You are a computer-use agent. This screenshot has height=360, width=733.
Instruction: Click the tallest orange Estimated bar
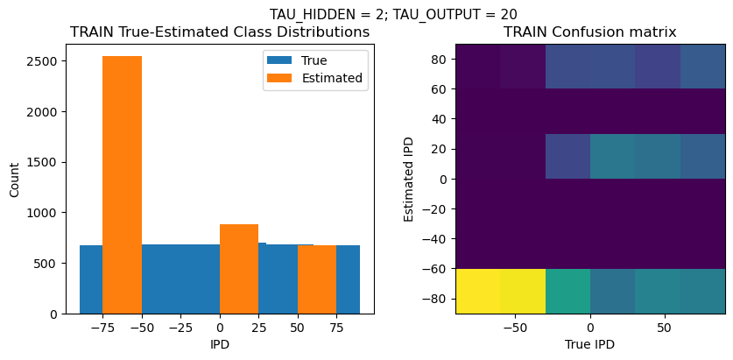click(x=122, y=184)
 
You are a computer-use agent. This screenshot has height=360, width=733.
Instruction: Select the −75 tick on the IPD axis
click(x=102, y=328)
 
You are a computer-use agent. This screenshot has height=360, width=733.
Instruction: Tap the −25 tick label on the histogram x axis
click(x=180, y=328)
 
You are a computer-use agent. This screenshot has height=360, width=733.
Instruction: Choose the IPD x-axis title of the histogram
click(x=220, y=344)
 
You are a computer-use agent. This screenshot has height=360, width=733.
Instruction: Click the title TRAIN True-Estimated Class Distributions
click(x=220, y=32)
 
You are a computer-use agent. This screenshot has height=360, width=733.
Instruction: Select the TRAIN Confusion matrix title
click(x=589, y=32)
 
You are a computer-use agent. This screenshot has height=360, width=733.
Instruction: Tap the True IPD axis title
click(x=590, y=344)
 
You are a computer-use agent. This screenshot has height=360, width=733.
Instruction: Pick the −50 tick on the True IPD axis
click(x=516, y=328)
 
